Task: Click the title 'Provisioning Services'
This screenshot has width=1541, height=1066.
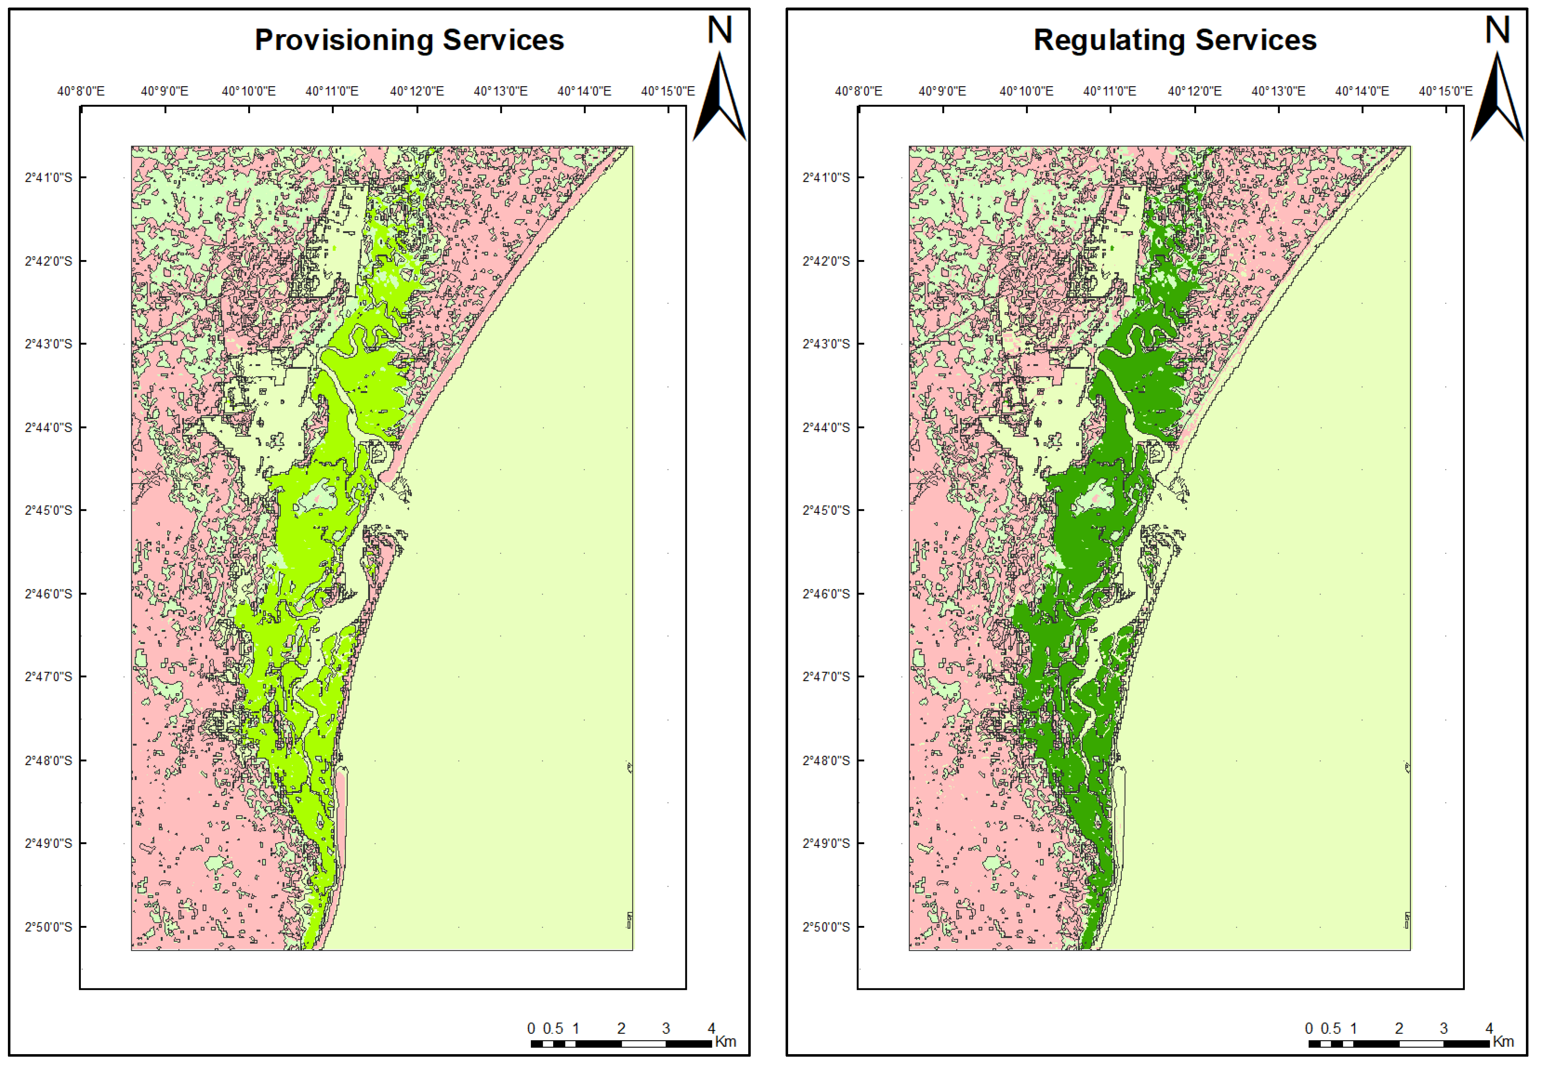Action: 409,40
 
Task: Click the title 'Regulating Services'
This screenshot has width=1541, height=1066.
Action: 1175,40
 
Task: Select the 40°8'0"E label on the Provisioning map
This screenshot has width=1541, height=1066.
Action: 81,91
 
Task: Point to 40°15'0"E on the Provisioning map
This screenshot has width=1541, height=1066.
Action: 668,91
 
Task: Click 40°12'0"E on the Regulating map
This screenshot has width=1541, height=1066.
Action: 1194,91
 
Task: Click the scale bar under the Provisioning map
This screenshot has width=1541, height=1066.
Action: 621,1043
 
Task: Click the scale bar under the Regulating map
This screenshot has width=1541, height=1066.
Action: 1399,1043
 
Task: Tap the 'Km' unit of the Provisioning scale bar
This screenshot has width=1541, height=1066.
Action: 725,1041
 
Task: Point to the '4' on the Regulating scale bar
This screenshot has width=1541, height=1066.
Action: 1489,1028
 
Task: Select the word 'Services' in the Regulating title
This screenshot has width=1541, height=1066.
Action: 1256,40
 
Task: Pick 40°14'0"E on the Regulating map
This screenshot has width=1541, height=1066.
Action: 1362,91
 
